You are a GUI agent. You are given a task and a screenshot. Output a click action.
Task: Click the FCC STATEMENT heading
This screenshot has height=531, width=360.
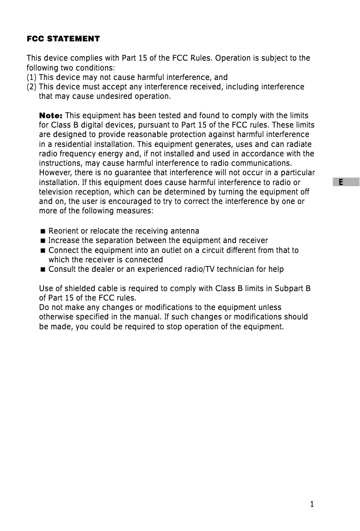click(x=63, y=39)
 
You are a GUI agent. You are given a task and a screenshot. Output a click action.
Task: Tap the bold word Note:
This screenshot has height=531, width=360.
click(x=51, y=115)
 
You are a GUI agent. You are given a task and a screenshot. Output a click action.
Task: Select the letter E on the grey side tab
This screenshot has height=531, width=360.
click(x=341, y=182)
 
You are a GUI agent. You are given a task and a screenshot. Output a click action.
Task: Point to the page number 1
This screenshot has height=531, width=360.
click(x=312, y=504)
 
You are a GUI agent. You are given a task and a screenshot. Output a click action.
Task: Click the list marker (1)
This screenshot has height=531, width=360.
click(x=32, y=77)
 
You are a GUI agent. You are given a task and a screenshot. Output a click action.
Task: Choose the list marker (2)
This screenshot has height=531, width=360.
click(x=32, y=87)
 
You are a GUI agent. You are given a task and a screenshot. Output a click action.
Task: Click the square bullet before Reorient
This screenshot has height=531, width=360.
click(x=43, y=231)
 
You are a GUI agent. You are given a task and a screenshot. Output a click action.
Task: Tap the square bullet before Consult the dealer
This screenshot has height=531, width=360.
click(x=43, y=270)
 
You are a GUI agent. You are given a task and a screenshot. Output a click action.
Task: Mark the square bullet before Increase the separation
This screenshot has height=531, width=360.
click(x=43, y=241)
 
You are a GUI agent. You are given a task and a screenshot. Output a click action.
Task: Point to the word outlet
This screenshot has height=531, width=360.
click(x=172, y=250)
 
